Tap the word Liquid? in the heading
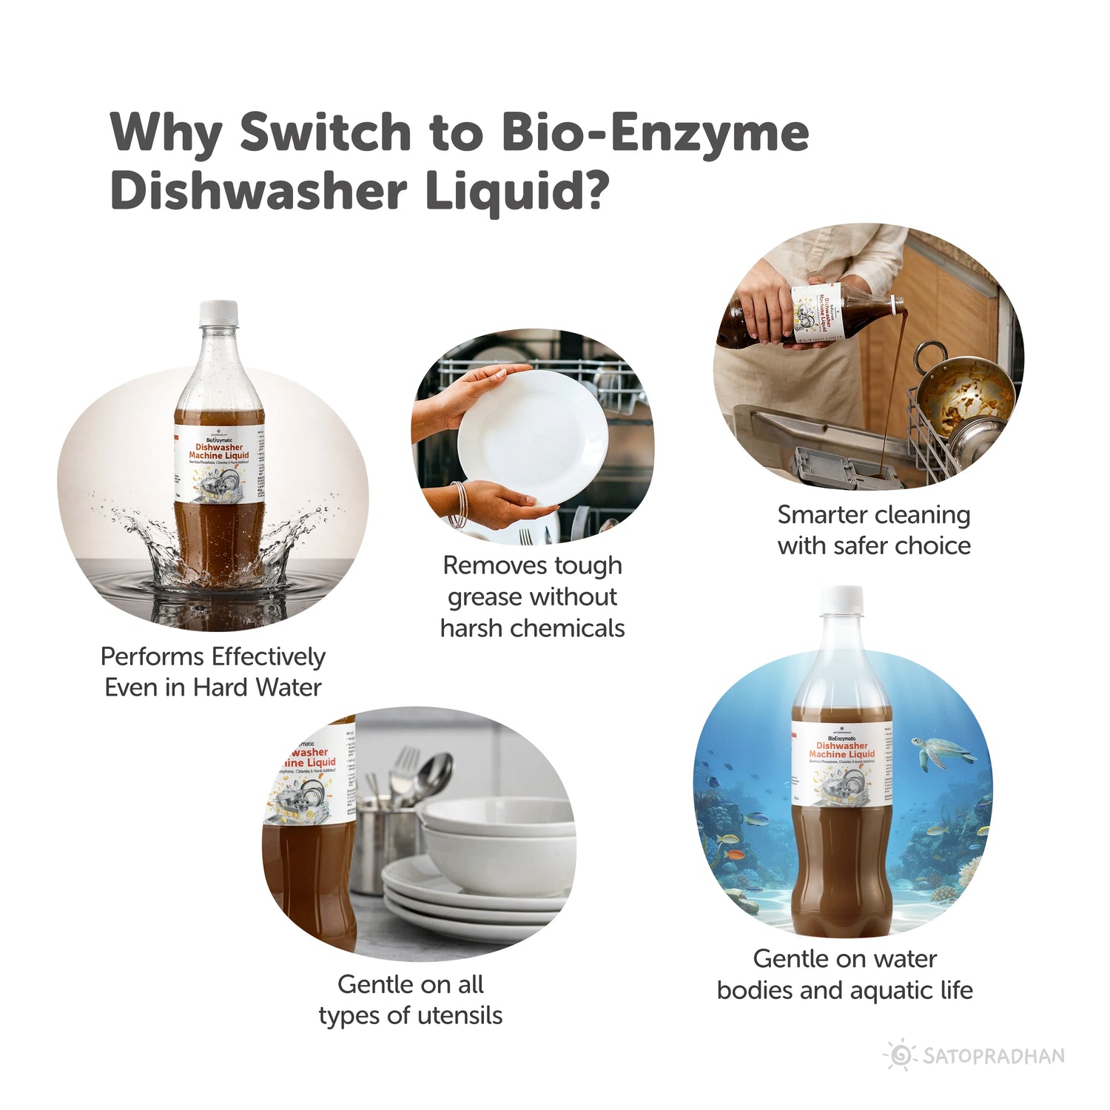pos(517,192)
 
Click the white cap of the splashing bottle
pos(218,312)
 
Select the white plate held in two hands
pos(531,437)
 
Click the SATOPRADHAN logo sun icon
pos(900,1055)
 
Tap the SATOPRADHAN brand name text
pos(994,1056)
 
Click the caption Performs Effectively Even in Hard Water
pos(213,672)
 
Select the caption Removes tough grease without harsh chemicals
pos(532,596)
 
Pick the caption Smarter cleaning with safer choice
pos(873,530)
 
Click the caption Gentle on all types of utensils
pos(411,1000)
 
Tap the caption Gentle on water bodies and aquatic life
pos(844,975)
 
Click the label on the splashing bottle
pos(217,466)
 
